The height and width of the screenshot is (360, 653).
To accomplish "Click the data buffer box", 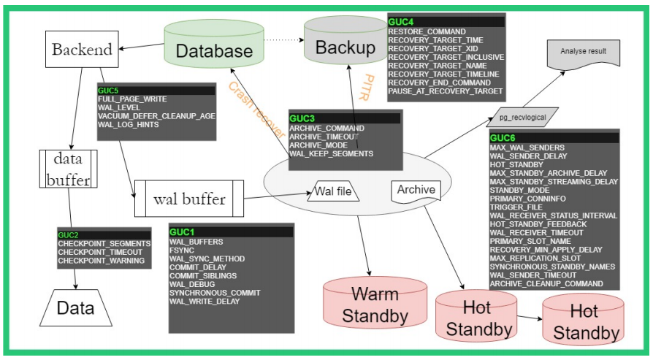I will click(x=68, y=169).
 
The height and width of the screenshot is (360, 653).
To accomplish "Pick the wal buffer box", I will click(x=188, y=199).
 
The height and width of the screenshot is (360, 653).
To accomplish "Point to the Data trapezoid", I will click(x=75, y=308).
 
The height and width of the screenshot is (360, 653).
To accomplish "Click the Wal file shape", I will click(x=337, y=192).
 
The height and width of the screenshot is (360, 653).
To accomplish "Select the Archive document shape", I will click(x=416, y=191).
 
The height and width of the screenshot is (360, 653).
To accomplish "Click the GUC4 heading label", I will click(x=400, y=22).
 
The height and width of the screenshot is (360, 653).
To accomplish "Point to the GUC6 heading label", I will click(x=503, y=137).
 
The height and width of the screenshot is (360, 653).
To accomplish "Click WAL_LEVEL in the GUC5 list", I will click(x=119, y=107).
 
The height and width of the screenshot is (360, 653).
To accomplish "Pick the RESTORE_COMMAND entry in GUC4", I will click(x=427, y=31).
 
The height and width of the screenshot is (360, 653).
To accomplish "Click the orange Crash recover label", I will click(x=256, y=109).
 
